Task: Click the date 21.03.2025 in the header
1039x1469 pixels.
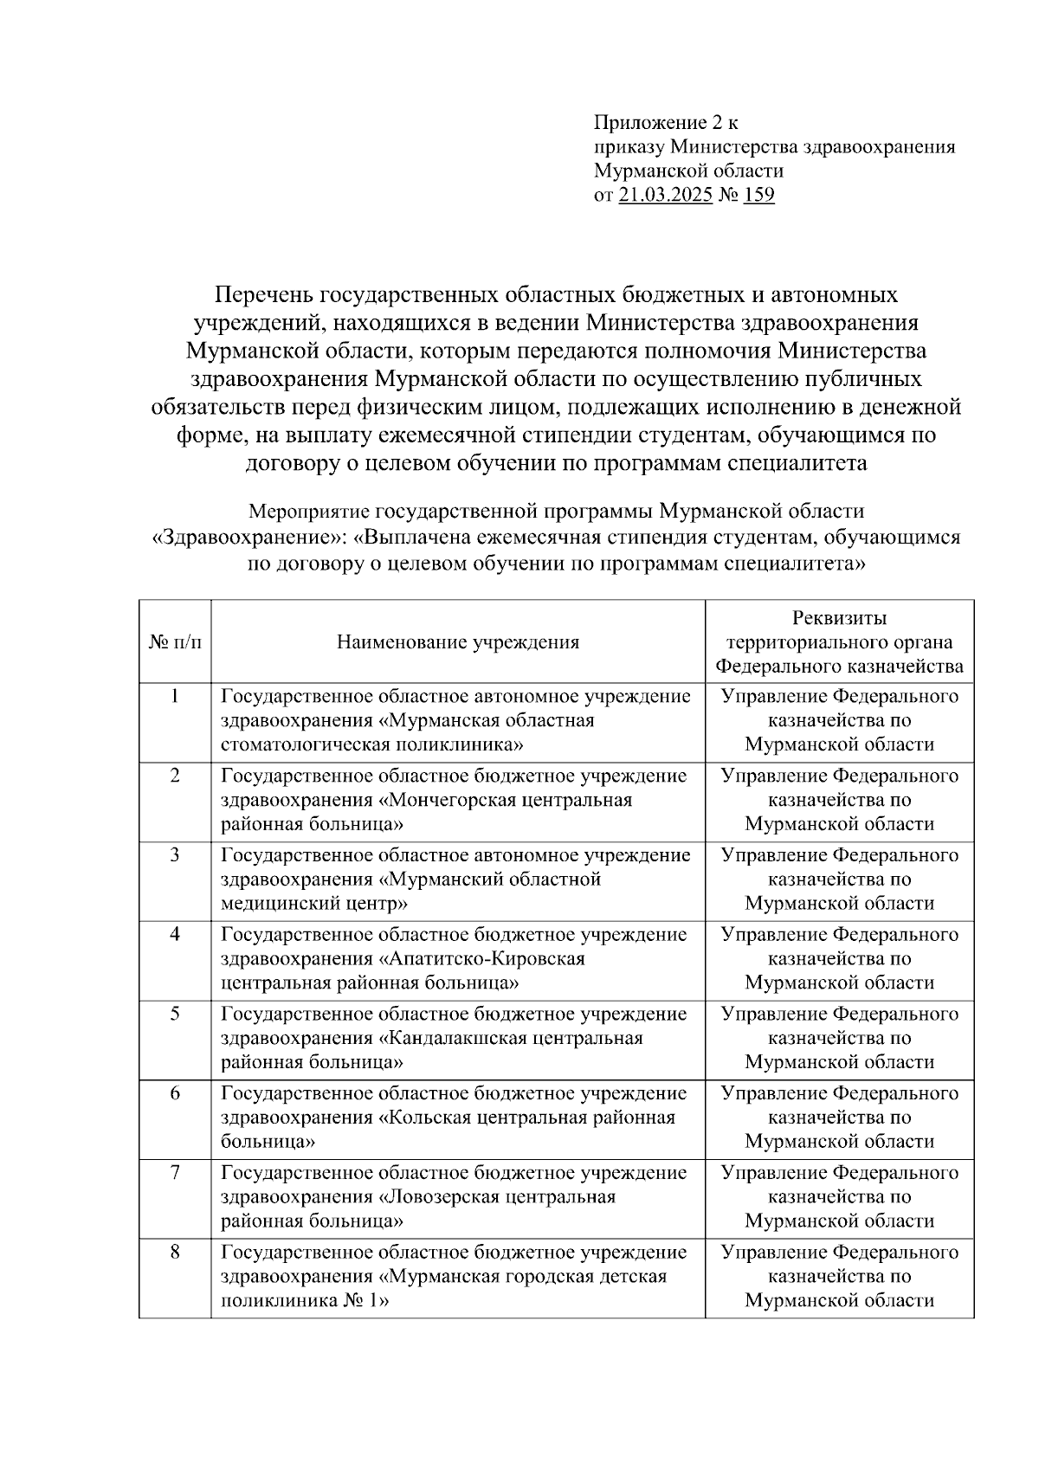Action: click(x=666, y=195)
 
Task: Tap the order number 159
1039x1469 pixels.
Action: click(x=758, y=195)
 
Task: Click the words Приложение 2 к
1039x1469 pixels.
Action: click(x=666, y=122)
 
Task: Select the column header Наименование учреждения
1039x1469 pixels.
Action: click(x=457, y=642)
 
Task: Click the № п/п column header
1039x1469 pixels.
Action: click(x=174, y=642)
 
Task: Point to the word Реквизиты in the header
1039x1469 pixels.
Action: click(x=839, y=618)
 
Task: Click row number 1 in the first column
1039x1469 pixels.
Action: click(x=175, y=696)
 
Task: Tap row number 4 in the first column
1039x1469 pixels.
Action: click(x=175, y=935)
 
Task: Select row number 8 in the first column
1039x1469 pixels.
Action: click(x=175, y=1253)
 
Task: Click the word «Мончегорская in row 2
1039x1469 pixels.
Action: click(x=448, y=800)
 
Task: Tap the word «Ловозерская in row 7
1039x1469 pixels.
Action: click(x=438, y=1197)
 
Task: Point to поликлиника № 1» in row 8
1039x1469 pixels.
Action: click(x=305, y=1301)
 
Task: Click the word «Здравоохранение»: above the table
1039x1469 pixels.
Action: click(x=249, y=538)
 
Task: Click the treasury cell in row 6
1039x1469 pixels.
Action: click(x=839, y=1118)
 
